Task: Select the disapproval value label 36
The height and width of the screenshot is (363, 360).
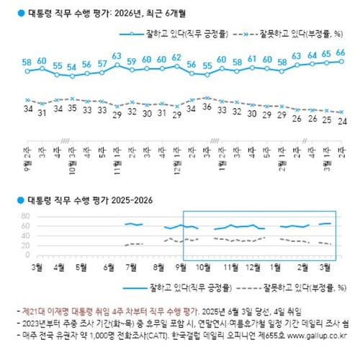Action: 207,107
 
